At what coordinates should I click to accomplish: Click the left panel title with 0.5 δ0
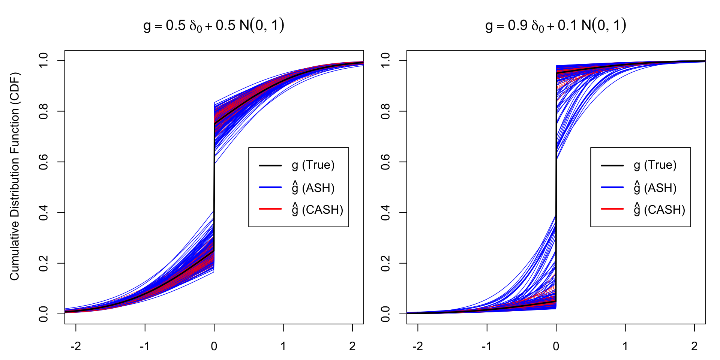click(214, 25)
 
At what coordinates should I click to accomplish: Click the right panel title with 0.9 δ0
click(556, 25)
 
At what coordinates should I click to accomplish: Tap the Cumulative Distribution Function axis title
click(15, 176)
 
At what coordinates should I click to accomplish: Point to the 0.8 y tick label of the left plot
click(43, 111)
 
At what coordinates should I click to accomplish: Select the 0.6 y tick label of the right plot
click(385, 162)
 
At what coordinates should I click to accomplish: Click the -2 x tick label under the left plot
click(75, 346)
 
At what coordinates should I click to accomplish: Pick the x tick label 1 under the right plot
click(625, 346)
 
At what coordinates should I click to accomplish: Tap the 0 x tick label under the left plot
click(214, 346)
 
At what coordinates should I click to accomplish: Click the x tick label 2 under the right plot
click(694, 346)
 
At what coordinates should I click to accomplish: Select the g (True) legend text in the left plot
click(313, 165)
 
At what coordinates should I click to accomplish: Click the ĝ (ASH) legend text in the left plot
click(313, 187)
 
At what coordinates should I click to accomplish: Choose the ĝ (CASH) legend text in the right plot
click(659, 209)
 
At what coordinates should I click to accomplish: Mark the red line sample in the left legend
click(270, 209)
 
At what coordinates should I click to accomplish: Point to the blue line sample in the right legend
click(612, 187)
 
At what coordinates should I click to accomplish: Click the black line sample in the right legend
click(612, 165)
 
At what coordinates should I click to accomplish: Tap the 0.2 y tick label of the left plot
click(43, 263)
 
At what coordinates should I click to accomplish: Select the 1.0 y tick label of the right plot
click(385, 61)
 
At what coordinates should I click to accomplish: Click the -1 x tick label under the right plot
click(486, 346)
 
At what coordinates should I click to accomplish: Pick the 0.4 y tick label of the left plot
click(43, 213)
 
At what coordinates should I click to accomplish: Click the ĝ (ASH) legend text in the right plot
click(655, 187)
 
